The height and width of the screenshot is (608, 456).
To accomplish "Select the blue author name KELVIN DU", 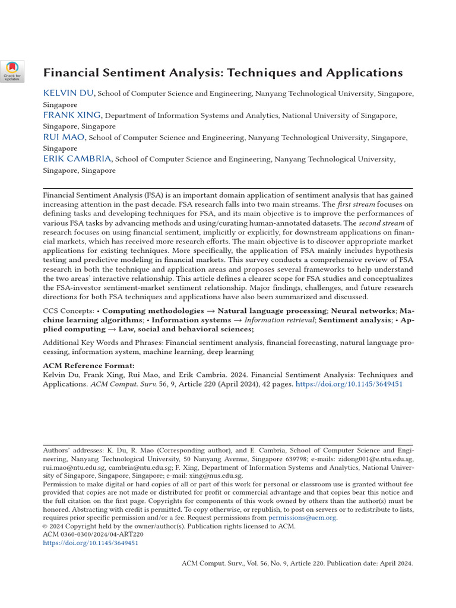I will pyautogui.click(x=69, y=93).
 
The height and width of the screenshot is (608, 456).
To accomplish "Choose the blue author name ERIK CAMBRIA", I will pyautogui.click(x=77, y=159).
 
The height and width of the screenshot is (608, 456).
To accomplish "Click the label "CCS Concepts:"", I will pyautogui.click(x=68, y=311).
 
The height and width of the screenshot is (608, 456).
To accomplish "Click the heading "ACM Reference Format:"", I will pyautogui.click(x=88, y=365).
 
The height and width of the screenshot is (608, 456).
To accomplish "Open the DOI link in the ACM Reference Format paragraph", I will pyautogui.click(x=349, y=384).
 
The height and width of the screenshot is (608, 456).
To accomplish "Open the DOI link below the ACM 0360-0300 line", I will pyautogui.click(x=90, y=543).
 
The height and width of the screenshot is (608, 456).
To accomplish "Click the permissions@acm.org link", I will pyautogui.click(x=303, y=518).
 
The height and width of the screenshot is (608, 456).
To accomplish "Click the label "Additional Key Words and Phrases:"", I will pyautogui.click(x=103, y=342).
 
